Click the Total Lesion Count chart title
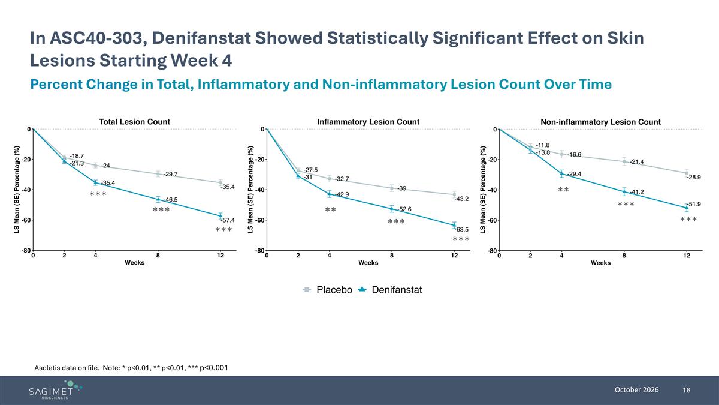point(134,122)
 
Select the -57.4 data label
point(228,220)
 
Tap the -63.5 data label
point(461,229)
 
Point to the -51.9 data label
point(694,204)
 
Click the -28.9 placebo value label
point(694,177)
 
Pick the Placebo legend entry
point(327,290)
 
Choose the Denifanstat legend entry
point(390,290)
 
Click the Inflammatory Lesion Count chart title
point(368,122)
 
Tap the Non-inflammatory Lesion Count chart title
point(600,122)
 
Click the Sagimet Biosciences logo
point(55,390)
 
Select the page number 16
point(686,390)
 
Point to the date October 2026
point(636,390)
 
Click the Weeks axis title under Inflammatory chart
point(368,263)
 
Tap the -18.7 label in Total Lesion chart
point(77,156)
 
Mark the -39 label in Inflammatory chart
point(402,188)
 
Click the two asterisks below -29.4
point(563,190)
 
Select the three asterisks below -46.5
point(161,209)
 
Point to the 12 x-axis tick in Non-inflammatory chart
point(687,256)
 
